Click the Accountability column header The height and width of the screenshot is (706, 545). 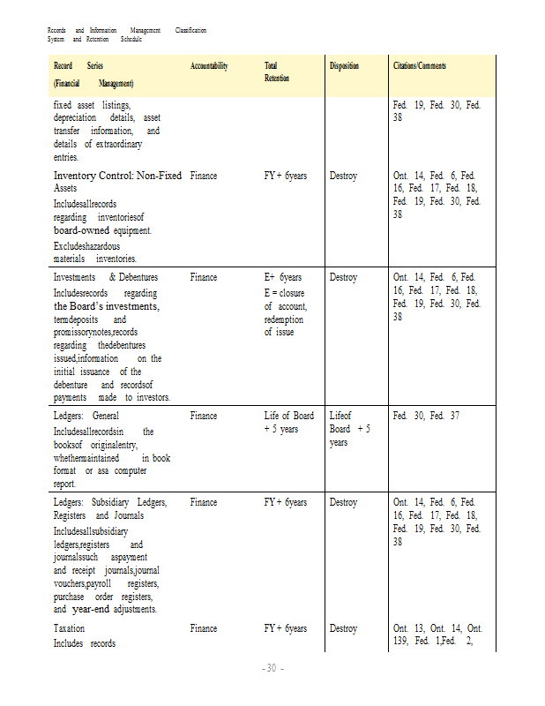(209, 66)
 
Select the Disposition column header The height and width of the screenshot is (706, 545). (344, 66)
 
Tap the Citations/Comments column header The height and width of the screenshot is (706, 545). (420, 66)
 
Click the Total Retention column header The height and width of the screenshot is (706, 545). (272, 72)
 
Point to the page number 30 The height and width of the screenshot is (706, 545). (272, 668)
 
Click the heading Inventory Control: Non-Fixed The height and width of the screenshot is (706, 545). (117, 176)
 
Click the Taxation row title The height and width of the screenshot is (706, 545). (70, 628)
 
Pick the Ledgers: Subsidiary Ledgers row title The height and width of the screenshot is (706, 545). (109, 502)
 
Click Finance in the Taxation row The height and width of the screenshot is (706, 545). (203, 628)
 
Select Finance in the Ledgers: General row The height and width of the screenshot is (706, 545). (203, 415)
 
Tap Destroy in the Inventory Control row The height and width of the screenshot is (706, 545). (343, 176)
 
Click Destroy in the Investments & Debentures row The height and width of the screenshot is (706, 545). (343, 277)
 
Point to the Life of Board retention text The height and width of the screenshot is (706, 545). (288, 415)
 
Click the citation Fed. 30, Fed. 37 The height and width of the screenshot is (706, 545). (426, 415)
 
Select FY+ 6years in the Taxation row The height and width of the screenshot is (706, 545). (286, 628)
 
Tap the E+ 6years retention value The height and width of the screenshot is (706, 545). (283, 277)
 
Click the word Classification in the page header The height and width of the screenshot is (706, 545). (190, 31)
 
